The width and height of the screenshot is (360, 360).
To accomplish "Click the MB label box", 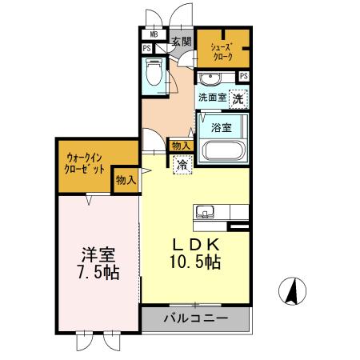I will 151,35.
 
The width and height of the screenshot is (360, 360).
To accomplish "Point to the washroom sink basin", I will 210,78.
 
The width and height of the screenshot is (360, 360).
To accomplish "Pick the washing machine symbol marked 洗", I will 238,98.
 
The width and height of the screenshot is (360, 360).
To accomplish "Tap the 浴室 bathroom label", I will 222,127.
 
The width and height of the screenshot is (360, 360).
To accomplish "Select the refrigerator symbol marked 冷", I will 182,165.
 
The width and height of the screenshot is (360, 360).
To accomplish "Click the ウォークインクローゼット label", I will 86,164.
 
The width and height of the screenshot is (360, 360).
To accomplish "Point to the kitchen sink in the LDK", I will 204,213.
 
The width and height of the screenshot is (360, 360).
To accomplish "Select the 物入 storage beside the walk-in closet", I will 126,181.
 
